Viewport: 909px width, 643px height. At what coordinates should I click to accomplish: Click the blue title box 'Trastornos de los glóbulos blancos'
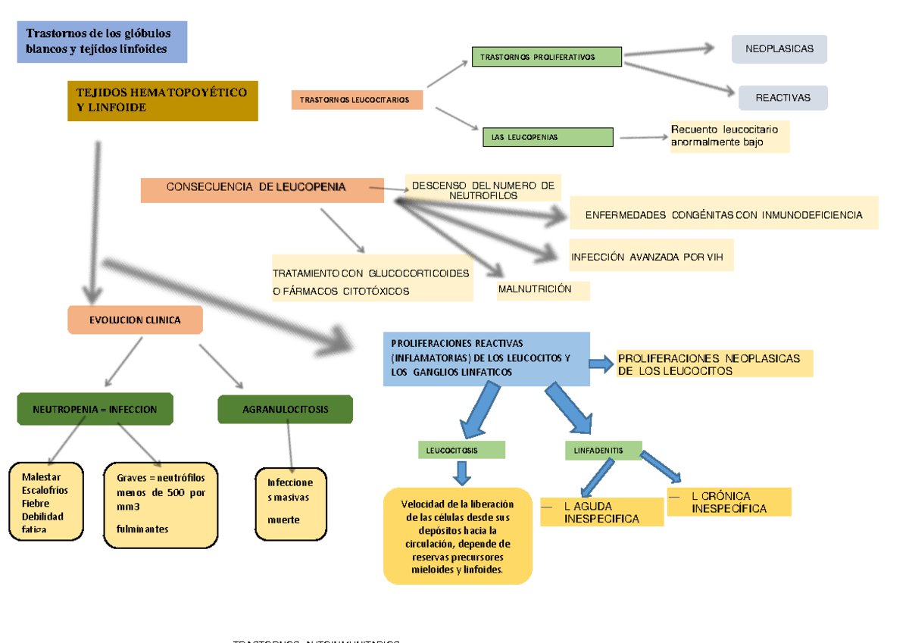coord(102,42)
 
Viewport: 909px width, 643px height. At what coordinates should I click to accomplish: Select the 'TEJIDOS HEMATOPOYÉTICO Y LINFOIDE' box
coord(163,101)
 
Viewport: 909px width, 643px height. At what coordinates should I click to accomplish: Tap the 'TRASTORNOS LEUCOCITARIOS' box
coord(356,99)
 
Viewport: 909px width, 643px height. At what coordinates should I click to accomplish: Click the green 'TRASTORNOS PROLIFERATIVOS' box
coord(546,57)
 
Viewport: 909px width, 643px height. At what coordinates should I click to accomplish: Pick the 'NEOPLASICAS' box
coord(779,49)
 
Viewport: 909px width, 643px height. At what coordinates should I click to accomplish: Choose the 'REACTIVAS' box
coord(782,98)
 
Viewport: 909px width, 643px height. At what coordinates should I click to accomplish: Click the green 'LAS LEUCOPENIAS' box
coord(548,137)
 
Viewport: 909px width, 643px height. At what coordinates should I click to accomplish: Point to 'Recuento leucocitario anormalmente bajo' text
coord(729,136)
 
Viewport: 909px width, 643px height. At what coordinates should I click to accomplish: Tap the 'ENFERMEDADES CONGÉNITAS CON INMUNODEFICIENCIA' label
coord(723,214)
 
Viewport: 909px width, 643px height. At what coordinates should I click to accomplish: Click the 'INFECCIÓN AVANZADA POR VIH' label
coord(651,256)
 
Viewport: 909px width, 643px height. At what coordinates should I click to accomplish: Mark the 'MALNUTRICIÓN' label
coord(542,290)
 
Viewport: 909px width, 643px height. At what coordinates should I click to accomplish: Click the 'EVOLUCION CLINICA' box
coord(136,320)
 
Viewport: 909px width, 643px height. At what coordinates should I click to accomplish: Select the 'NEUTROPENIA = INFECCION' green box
coord(95,409)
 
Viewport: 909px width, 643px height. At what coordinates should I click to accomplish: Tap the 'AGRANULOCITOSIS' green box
coord(285,409)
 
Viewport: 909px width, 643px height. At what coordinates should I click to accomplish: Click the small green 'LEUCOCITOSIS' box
coord(461,450)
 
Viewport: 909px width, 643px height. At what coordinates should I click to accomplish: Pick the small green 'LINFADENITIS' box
coord(603,450)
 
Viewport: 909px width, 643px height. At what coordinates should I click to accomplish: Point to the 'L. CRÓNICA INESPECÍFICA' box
coord(729,502)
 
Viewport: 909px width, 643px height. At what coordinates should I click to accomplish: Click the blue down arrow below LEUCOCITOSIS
coord(462,473)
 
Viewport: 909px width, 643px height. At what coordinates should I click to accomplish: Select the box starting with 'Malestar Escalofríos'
coord(46,501)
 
